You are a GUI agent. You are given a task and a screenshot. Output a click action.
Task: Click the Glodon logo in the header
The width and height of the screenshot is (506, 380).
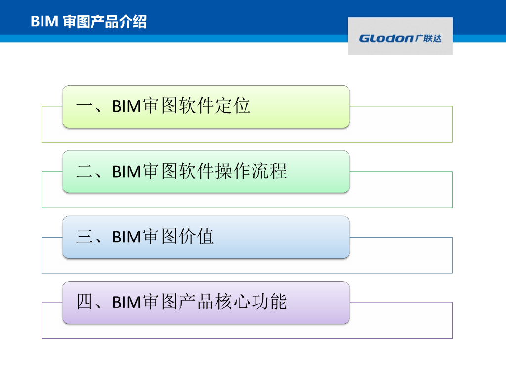pos(400,37)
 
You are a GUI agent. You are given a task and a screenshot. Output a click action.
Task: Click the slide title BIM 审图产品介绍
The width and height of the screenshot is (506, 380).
pos(88,22)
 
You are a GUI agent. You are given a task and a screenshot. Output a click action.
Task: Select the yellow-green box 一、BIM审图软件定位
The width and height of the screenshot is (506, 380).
pos(206,106)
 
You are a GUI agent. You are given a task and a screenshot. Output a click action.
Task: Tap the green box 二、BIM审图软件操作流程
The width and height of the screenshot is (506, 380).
pos(206,172)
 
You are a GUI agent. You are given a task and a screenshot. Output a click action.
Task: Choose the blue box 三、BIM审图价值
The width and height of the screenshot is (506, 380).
pos(206,237)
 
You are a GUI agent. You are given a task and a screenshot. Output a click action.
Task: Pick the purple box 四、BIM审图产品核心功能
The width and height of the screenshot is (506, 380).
pos(206,302)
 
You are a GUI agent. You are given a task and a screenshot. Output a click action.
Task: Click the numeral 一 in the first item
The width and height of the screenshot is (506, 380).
pos(84,106)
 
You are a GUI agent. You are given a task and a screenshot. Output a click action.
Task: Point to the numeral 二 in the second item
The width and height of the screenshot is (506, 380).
pos(84,172)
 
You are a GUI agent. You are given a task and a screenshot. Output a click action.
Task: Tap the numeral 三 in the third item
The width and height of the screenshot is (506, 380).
pos(84,237)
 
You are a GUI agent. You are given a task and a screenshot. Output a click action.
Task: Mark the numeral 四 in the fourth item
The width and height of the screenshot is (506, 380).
pos(84,302)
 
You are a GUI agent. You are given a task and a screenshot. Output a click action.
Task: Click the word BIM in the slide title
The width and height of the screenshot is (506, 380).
pos(44,22)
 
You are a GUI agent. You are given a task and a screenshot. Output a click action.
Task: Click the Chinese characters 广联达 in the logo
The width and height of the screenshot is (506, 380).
pos(428,38)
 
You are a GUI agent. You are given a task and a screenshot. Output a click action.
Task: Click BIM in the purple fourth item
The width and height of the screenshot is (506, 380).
pos(126,302)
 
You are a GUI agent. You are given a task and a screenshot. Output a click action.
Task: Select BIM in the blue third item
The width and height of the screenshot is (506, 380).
pos(126,237)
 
